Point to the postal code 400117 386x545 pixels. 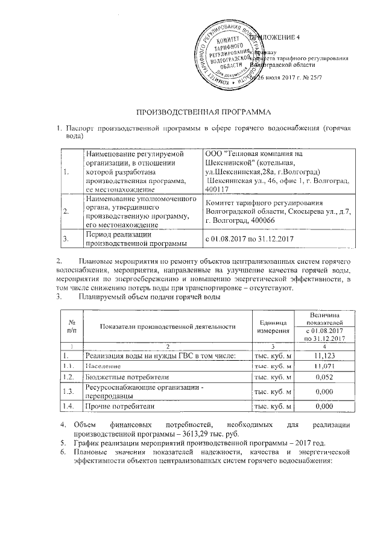pos(217,190)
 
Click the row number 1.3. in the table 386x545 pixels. pos(71,391)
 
